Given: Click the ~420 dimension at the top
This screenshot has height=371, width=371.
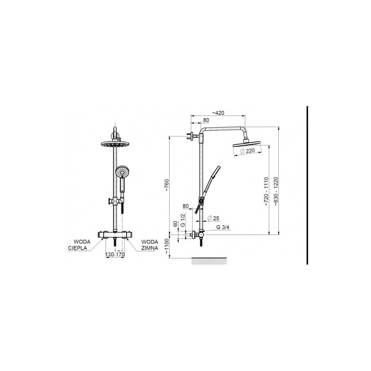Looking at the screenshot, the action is point(218,113).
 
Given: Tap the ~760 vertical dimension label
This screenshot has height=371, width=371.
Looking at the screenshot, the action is point(167,185).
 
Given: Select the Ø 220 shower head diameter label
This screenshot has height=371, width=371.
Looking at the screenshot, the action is point(247,151).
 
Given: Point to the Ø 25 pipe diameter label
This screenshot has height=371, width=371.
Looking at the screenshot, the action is point(213,218).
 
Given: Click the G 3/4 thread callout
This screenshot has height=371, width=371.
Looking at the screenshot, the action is point(223,227).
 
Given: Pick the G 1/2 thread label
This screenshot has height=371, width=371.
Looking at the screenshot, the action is point(183,220).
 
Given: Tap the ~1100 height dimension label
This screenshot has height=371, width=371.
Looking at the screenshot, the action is point(167,247).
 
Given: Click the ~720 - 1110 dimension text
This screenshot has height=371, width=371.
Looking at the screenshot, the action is point(266,191).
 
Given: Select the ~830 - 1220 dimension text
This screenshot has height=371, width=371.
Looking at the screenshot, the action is point(276,191).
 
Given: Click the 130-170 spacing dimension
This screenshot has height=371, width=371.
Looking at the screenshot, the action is point(115,254).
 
